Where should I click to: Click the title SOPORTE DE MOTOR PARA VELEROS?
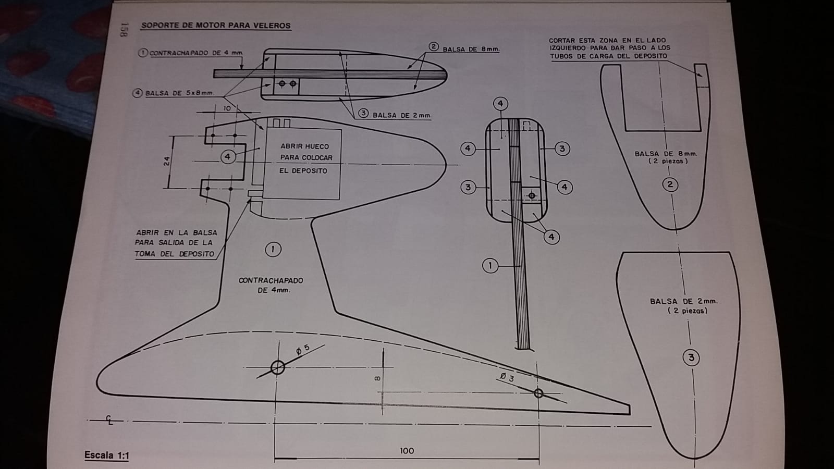coord(216,25)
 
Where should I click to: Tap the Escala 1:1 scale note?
coord(106,455)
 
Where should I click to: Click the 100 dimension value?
coord(407,451)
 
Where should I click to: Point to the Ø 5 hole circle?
coord(278,367)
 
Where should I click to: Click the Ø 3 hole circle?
coord(538,393)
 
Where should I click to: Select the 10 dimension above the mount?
coord(227,108)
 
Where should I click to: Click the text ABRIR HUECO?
coord(304,146)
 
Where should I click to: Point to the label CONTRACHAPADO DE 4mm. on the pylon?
coord(271,285)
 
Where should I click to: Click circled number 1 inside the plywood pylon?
coord(273,249)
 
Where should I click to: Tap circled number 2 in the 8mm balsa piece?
coord(670,184)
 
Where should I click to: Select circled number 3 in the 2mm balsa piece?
coord(691,357)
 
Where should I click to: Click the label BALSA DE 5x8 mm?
coord(179,93)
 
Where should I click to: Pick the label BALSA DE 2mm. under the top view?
coord(401,115)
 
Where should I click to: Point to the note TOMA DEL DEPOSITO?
coord(174,254)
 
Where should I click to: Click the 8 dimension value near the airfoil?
coord(377,378)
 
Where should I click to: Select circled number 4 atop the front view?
coord(500,104)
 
